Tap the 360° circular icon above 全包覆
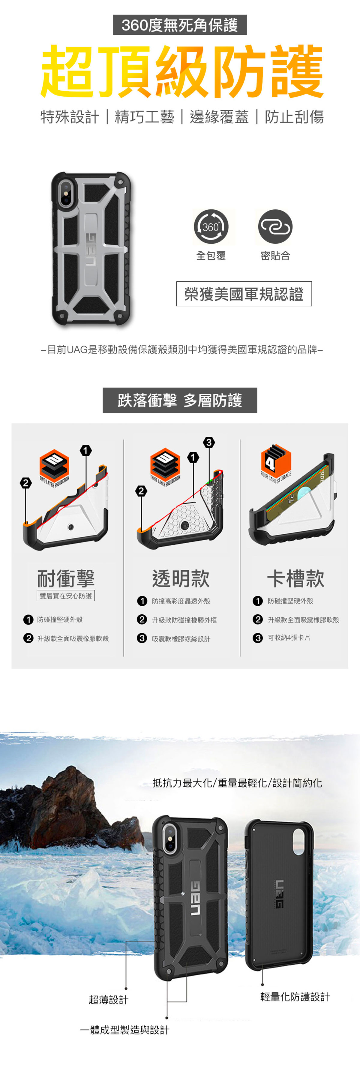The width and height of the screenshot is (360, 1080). [x=211, y=227]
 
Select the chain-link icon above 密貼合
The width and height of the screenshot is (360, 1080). [x=275, y=227]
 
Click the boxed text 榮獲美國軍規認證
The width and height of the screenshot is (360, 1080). [x=244, y=294]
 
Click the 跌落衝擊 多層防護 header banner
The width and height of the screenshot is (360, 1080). [x=180, y=400]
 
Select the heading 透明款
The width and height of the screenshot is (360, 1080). [x=181, y=579]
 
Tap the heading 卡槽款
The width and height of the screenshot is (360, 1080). [x=295, y=579]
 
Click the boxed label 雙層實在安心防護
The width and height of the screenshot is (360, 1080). [x=66, y=596]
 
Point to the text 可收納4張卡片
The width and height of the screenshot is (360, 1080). [x=289, y=638]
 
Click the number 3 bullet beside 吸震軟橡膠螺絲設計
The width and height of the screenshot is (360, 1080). [x=142, y=638]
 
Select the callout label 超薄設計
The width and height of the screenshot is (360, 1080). [x=109, y=1000]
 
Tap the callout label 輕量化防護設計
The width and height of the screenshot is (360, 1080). [x=295, y=997]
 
